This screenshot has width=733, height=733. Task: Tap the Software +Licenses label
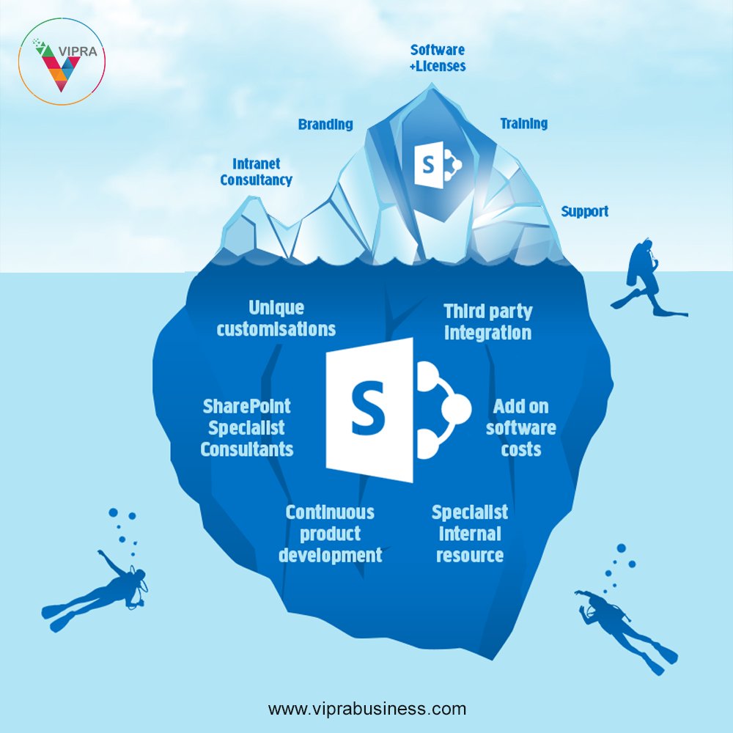pos(438,58)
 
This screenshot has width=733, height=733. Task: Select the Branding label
pos(325,125)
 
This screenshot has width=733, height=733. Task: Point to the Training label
pos(523,123)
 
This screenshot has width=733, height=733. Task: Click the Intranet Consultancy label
pos(256,172)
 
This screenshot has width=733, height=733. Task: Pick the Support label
pos(584,212)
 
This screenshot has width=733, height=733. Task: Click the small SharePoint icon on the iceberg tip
pos(437,164)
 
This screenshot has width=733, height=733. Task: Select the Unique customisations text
pos(276,318)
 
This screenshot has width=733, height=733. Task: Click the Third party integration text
pos(487,322)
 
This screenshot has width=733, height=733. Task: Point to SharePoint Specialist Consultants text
pos(247,427)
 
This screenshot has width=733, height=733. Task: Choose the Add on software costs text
pos(520,427)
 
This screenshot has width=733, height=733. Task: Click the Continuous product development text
pos(330,534)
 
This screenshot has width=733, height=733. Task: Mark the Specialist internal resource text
pos(470,534)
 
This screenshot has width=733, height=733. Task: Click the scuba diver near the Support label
pos(645,279)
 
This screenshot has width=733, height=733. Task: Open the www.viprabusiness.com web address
pos(366,709)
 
